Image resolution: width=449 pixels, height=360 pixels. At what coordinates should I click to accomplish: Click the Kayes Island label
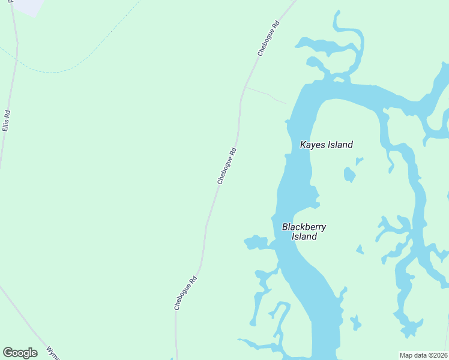[326, 145]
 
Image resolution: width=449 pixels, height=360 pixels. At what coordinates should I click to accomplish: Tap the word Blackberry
[304, 227]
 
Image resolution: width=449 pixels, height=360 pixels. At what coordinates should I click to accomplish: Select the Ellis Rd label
[7, 121]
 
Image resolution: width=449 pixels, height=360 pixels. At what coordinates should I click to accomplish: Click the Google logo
[20, 353]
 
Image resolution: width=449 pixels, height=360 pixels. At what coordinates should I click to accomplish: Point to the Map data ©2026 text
[423, 355]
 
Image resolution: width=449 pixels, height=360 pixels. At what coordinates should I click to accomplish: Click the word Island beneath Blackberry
[304, 236]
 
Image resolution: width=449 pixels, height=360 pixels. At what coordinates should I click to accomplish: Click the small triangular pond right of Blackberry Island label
[360, 249]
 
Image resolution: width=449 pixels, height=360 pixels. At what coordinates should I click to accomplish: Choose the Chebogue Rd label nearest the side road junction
[268, 39]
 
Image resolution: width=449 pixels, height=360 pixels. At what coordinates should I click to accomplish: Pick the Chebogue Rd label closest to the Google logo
[185, 293]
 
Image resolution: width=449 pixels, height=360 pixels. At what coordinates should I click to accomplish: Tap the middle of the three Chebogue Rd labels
[227, 166]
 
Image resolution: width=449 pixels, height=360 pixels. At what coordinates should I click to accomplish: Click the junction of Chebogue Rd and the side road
[244, 87]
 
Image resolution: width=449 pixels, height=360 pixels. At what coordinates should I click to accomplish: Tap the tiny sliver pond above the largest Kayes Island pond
[359, 161]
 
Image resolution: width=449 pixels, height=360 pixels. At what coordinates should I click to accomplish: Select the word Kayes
[312, 145]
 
